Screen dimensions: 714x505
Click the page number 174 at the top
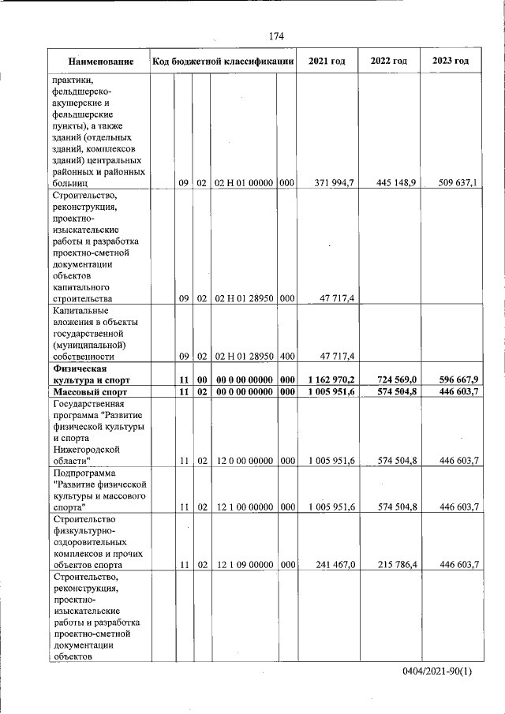click(x=275, y=36)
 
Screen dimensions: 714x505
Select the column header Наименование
click(x=99, y=62)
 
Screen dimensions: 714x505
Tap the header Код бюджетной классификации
click(x=223, y=62)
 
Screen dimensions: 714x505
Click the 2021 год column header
click(x=327, y=62)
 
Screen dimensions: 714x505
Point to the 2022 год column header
click(x=389, y=62)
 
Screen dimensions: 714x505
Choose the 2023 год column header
click(x=451, y=62)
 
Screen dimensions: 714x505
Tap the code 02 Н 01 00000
click(x=244, y=183)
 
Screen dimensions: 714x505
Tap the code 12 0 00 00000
click(x=244, y=460)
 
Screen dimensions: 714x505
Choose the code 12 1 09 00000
click(x=244, y=565)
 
